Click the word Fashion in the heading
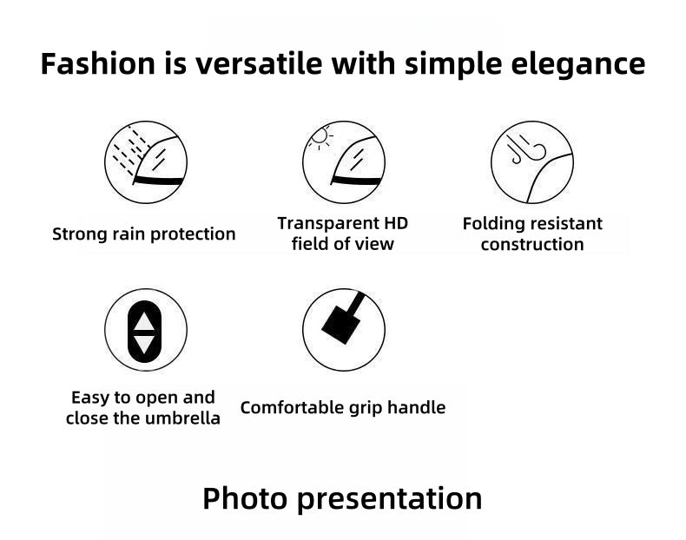tap(97, 64)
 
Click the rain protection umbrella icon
tap(146, 162)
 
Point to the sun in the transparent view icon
tap(320, 135)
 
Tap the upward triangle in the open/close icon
tap(144, 321)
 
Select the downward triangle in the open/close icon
tap(144, 345)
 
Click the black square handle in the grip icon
tap(340, 325)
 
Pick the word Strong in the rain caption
tap(80, 234)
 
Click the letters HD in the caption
tap(396, 223)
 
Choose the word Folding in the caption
tap(491, 224)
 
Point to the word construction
tap(532, 245)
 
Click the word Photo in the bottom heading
tap(245, 498)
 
